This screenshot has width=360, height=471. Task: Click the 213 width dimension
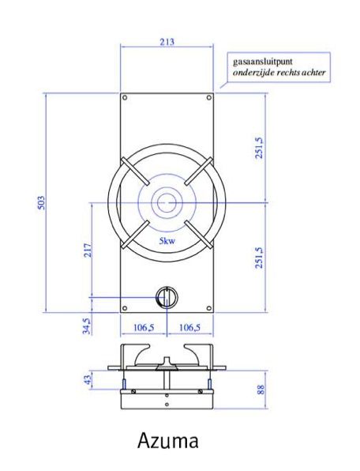click(167, 42)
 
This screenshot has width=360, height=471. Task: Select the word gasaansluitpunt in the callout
click(260, 60)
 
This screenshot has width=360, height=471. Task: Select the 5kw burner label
click(167, 239)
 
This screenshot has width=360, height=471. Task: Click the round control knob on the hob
click(167, 297)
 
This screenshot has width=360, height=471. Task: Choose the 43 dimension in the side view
click(88, 380)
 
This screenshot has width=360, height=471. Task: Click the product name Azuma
click(167, 439)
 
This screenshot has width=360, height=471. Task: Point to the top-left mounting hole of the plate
click(126, 98)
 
